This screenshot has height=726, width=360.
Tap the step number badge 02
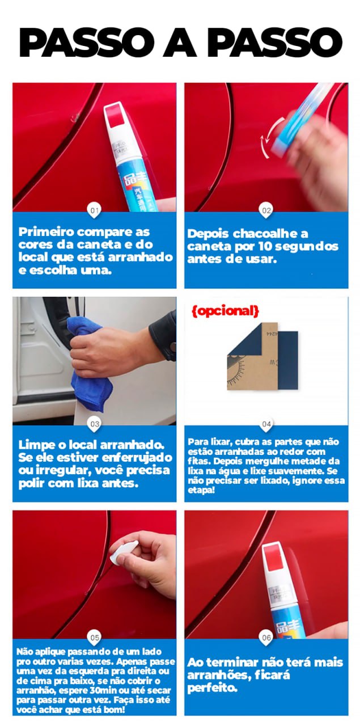[x=266, y=210]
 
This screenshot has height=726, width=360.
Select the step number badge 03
[x=95, y=424]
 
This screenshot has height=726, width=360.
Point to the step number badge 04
[x=266, y=424]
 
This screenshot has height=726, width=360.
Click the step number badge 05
[x=95, y=637]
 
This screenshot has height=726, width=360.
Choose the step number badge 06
[x=266, y=637]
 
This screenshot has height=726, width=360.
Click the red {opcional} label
[x=225, y=311]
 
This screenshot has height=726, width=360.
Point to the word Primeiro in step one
[x=47, y=233]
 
